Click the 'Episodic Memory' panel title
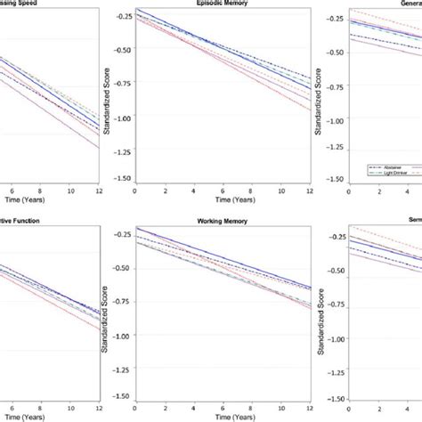coord(223,4)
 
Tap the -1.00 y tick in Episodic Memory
coord(122,118)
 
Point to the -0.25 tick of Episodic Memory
coord(122,17)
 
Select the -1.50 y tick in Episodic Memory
coord(122,178)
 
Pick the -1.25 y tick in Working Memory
coord(122,364)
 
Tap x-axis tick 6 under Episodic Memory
coord(223,191)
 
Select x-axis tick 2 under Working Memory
coord(164,406)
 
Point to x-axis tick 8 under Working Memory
coord(252,406)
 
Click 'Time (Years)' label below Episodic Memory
coord(223,200)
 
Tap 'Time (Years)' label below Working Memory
coord(223,416)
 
